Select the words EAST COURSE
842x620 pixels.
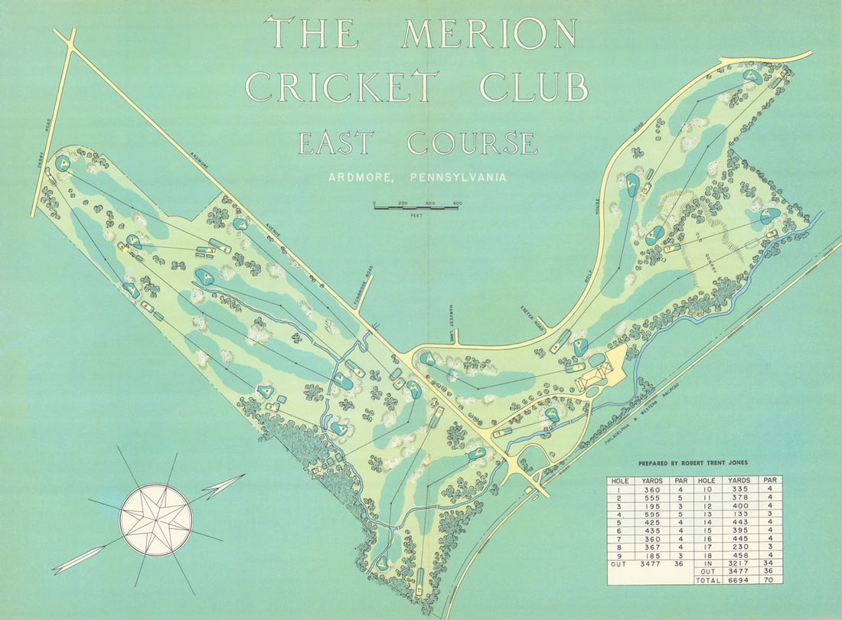[417, 144]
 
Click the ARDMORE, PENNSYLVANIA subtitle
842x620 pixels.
[417, 178]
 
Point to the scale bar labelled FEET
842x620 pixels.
[416, 207]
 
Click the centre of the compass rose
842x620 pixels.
[155, 520]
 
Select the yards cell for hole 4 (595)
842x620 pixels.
[652, 514]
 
